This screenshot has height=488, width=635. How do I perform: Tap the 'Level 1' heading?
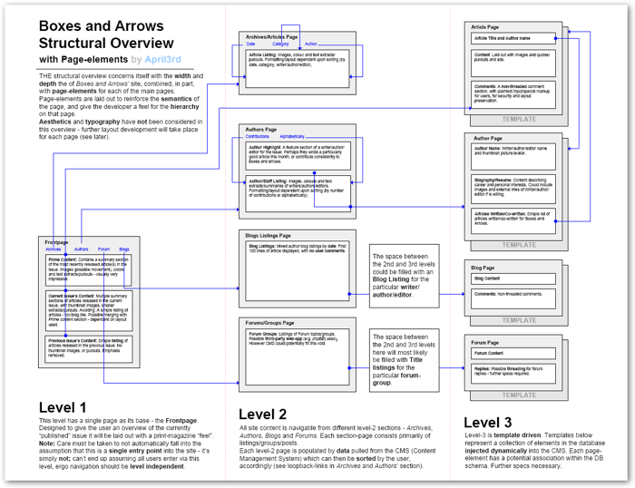tap(63, 407)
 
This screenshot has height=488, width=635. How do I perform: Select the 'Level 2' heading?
tap(263, 415)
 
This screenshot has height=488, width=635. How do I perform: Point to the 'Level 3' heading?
tap(487, 422)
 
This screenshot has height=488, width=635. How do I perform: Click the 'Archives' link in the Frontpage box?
tap(53, 249)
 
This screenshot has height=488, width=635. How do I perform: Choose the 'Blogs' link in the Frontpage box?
tap(123, 249)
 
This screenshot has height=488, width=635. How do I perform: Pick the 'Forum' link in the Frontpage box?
tap(103, 249)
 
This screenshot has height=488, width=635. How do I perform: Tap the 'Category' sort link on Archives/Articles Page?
tap(280, 44)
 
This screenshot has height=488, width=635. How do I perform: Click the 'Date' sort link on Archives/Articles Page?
tap(251, 44)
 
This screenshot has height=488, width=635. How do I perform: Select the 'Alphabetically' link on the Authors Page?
tap(293, 137)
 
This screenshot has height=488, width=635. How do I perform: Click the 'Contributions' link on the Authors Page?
tap(258, 137)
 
